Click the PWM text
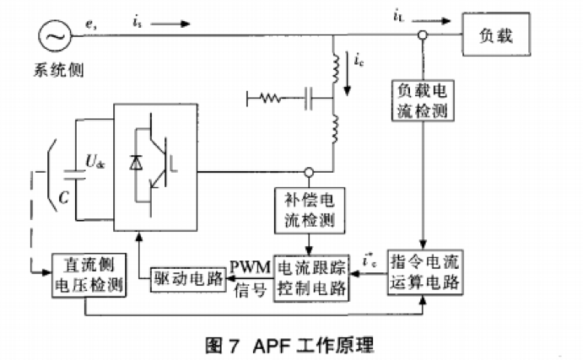click(251, 267)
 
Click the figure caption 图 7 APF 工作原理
click(289, 345)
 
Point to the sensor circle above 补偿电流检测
click(310, 172)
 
